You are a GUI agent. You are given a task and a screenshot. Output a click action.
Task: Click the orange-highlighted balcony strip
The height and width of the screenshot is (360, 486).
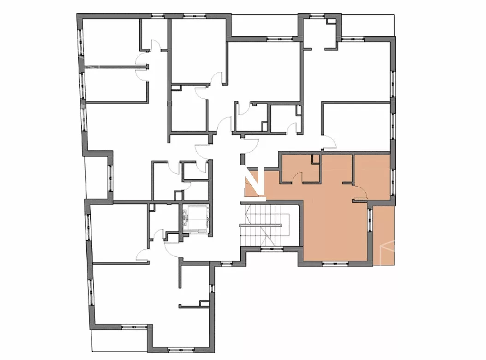tap(384, 236)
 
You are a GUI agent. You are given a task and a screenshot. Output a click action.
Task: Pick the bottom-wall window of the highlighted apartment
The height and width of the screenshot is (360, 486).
tap(335, 264)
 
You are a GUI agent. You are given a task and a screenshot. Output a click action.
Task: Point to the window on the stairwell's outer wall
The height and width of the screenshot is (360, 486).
tap(272, 248)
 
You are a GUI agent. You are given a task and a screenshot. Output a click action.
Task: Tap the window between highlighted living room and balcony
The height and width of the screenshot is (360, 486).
tap(370, 220)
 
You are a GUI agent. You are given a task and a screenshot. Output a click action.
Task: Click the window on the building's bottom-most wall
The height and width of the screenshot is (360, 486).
tap(181, 350)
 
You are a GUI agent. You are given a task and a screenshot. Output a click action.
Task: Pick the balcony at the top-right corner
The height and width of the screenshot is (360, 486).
tap(368, 26)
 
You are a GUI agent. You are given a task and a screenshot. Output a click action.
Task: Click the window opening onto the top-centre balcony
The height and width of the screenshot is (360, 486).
tap(280, 39)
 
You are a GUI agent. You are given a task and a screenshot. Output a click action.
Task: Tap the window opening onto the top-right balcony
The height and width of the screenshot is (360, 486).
tap(353, 39)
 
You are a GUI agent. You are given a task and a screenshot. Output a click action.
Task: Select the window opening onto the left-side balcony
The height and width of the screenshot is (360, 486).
tap(110, 177)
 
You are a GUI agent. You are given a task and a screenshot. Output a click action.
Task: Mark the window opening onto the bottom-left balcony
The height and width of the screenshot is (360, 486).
tap(134, 326)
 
